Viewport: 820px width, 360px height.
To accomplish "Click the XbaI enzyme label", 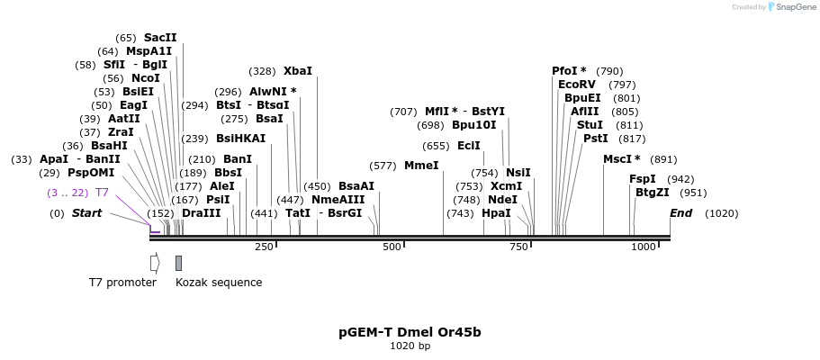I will (298, 71).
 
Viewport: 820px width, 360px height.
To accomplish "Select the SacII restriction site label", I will (160, 38).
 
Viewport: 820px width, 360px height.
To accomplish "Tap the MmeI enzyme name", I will (421, 166).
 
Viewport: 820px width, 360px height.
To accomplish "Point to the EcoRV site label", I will (577, 85).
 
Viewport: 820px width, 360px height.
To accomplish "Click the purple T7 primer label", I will (103, 193).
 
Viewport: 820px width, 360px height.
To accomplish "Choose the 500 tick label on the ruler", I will (392, 247).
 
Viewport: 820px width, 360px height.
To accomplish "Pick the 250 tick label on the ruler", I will (264, 247).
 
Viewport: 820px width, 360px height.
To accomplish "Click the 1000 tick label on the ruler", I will (644, 247).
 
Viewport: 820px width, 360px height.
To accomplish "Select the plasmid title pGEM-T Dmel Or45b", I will (410, 332).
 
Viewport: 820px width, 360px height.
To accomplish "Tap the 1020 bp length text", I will (410, 346).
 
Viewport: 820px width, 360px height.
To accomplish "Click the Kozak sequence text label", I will (219, 283).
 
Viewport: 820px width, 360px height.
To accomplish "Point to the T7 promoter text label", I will (122, 283).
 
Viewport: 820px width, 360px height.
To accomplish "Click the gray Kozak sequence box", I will (178, 263).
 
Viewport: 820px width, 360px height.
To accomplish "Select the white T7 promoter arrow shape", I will (154, 263).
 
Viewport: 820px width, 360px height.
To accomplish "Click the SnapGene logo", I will (792, 7).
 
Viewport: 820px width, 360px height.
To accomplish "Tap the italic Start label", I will (86, 213).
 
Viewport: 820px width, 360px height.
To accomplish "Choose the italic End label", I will (681, 213).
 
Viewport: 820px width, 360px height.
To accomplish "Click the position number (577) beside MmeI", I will (383, 166).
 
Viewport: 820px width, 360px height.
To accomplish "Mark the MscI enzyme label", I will (621, 159).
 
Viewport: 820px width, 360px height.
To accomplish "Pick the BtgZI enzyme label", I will (653, 193).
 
